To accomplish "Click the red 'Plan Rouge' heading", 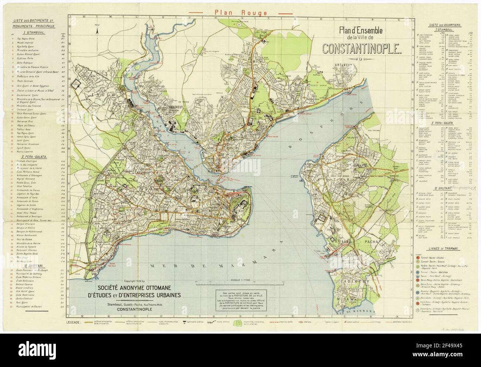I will pos(240,13).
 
